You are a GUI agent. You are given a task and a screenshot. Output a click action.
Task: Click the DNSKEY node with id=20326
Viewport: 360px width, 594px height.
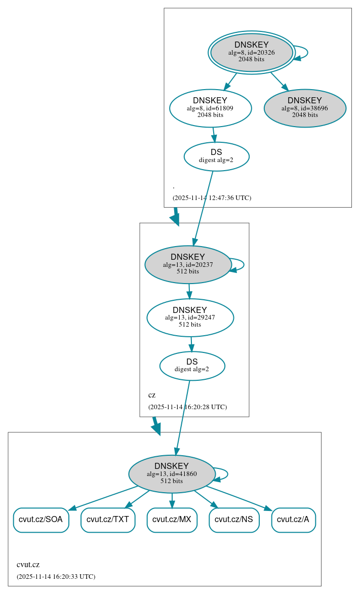tap(251, 52)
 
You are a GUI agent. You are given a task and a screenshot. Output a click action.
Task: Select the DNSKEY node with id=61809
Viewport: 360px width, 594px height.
tap(210, 108)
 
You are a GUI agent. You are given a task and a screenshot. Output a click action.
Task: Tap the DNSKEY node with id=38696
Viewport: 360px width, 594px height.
tap(305, 108)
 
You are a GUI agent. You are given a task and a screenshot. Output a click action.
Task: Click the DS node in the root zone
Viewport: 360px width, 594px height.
tap(216, 156)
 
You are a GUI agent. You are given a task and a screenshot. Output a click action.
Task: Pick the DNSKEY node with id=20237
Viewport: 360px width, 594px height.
tap(188, 264)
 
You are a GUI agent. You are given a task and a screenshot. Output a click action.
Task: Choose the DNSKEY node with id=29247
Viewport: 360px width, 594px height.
tap(190, 318)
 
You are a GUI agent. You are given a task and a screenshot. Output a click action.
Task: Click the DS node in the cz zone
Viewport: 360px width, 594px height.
tap(192, 366)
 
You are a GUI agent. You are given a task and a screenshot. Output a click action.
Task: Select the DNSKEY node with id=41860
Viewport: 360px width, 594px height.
tap(172, 474)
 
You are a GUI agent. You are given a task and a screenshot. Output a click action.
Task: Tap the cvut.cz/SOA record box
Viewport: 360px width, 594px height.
tap(41, 520)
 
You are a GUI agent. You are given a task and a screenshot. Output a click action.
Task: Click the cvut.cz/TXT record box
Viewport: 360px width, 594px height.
tap(108, 520)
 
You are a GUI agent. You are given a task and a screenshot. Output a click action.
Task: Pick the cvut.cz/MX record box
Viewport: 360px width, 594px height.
tap(172, 520)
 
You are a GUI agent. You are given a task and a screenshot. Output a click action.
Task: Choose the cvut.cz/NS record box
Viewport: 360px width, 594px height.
tap(234, 520)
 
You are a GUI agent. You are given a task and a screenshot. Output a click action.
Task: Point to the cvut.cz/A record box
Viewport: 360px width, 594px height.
tap(293, 520)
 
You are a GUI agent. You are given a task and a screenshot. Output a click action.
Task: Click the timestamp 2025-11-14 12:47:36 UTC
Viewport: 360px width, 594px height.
tap(212, 198)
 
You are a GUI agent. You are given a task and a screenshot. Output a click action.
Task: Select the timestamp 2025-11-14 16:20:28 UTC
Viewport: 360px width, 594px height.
tap(187, 407)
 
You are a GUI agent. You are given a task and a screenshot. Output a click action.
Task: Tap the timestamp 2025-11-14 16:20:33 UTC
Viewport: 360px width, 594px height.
tap(56, 577)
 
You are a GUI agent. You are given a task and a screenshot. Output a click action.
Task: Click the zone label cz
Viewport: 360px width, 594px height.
tap(152, 395)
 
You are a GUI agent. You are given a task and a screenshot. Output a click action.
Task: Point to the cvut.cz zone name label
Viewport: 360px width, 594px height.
tap(28, 565)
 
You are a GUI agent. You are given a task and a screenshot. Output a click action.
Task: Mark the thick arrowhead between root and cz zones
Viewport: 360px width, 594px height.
tap(175, 219)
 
